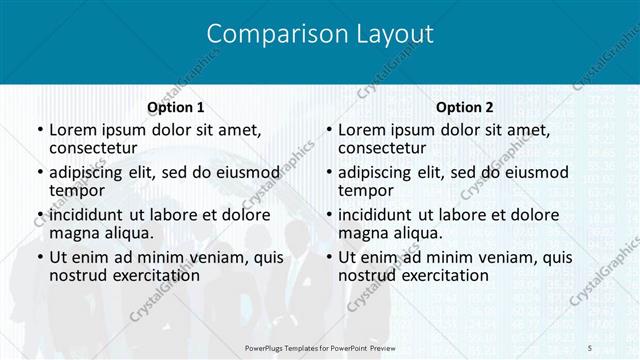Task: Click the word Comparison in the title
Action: coord(266,34)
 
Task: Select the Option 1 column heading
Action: coord(175,107)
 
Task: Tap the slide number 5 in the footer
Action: coord(589,346)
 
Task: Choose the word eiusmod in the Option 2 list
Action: coord(532,171)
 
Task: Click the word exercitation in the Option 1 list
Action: coord(143,275)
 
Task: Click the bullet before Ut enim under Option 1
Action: coord(39,257)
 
